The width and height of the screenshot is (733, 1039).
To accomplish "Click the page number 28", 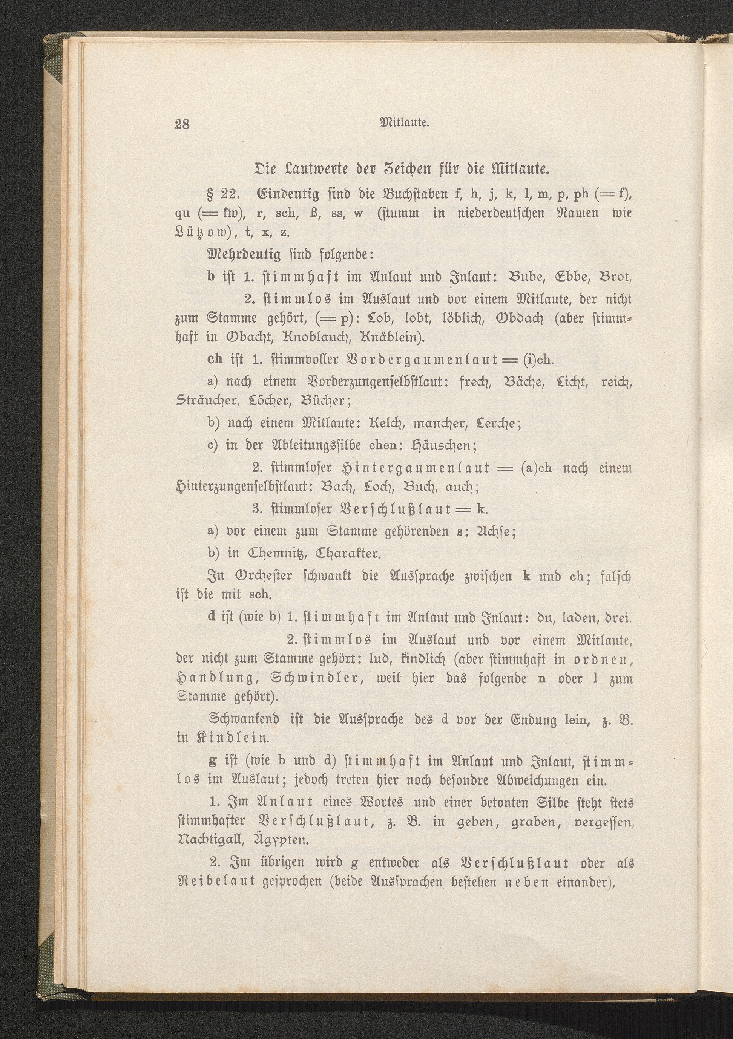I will [x=183, y=124].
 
